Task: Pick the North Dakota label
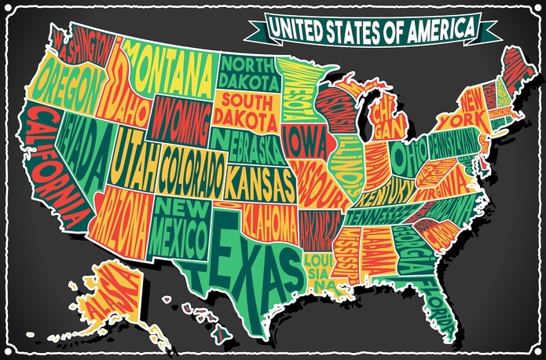(x=248, y=71)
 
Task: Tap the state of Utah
(x=134, y=161)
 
